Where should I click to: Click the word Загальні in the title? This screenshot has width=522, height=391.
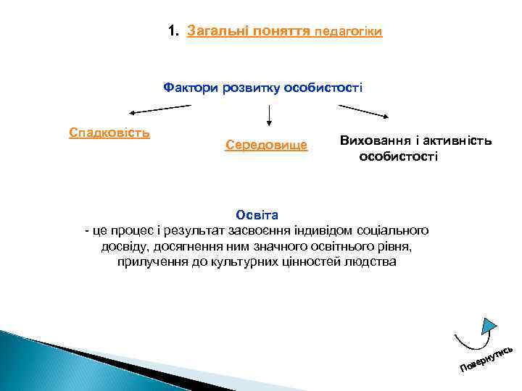215,32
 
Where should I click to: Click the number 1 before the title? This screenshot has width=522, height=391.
171,32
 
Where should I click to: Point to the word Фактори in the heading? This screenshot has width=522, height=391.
188,88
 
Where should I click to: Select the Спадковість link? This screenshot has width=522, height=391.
109,133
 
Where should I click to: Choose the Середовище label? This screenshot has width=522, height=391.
266,146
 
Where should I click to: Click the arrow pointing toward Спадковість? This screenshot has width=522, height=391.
159,109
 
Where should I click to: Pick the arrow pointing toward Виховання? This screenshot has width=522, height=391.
367,112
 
